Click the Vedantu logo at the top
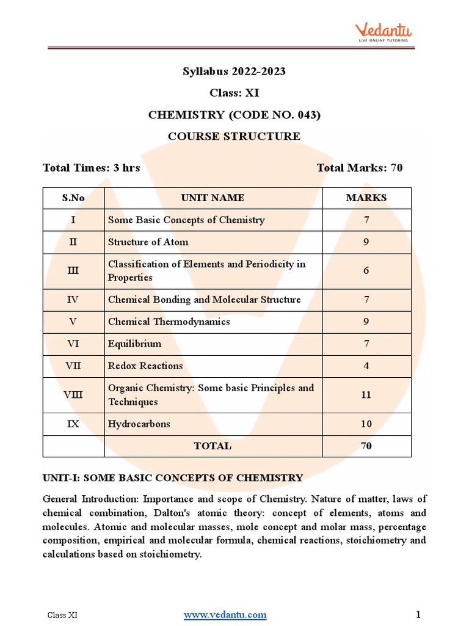(384, 32)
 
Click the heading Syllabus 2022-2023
(234, 72)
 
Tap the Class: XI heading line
(234, 93)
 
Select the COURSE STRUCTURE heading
(234, 136)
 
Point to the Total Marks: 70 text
(360, 168)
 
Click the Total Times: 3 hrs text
(92, 168)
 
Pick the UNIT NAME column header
(213, 198)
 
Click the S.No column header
(73, 198)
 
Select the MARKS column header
(366, 198)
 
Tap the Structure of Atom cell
(148, 242)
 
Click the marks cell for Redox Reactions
(366, 366)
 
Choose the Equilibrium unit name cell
(135, 344)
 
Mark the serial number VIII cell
(73, 395)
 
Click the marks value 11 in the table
(366, 395)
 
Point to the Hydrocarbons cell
(139, 424)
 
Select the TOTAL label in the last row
(213, 446)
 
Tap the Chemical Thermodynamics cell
(169, 322)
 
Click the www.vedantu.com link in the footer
(225, 614)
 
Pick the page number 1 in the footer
(418, 614)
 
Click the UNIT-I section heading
(173, 478)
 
